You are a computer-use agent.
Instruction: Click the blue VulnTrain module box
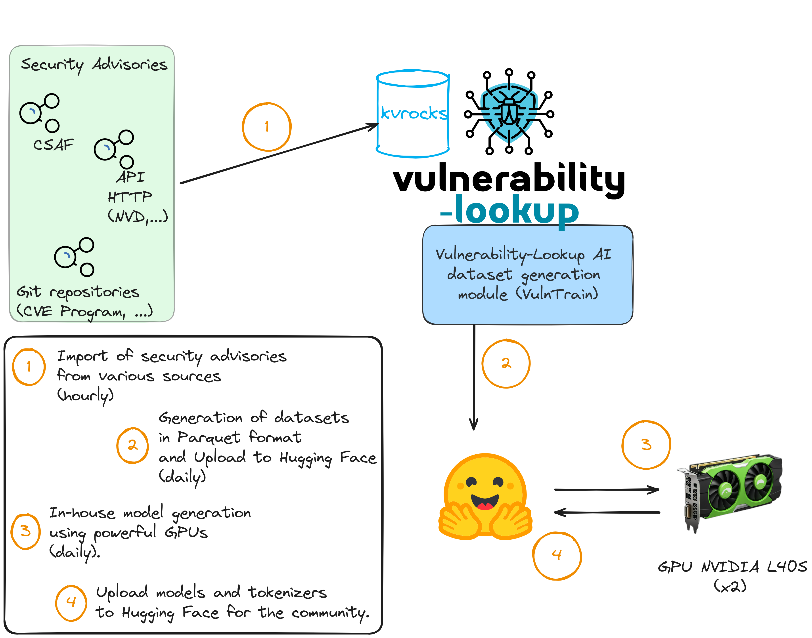coord(527,274)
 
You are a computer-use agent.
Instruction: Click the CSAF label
coord(54,145)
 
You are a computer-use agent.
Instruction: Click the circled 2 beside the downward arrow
coord(506,364)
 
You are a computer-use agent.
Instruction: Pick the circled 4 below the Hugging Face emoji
coord(557,555)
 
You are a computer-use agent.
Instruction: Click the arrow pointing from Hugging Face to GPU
coord(606,489)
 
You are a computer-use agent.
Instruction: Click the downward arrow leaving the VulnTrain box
coord(474,377)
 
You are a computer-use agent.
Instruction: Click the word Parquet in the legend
coord(209,437)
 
